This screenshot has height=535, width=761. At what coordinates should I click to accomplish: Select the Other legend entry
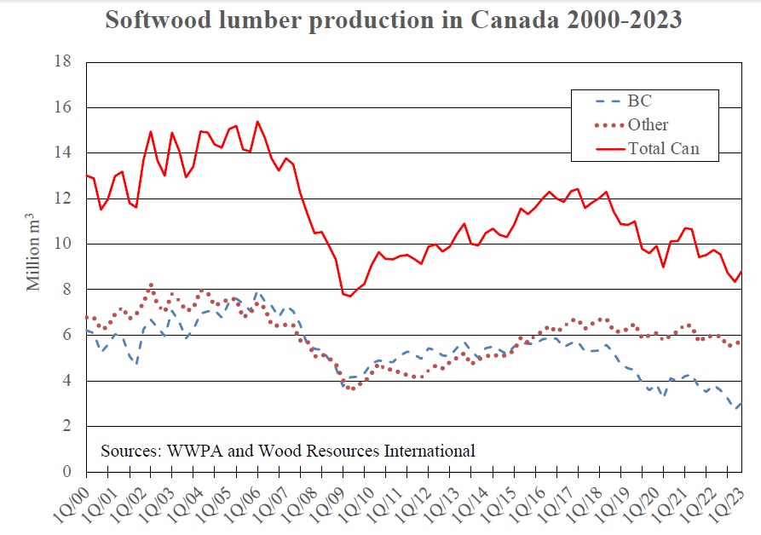pos(648,125)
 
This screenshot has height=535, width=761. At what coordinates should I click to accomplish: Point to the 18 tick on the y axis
pos(63,61)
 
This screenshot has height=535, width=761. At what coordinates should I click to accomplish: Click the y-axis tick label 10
pos(63,244)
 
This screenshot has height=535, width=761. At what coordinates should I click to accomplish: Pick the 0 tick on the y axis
pos(66,472)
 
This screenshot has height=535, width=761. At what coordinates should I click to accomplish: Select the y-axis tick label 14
pos(63,152)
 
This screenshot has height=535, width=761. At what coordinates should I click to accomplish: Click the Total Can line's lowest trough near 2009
pos(349,296)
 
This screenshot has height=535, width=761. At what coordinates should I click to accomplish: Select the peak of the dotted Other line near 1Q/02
pos(151,285)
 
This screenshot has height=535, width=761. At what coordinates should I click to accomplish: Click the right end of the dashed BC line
pos(741,402)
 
